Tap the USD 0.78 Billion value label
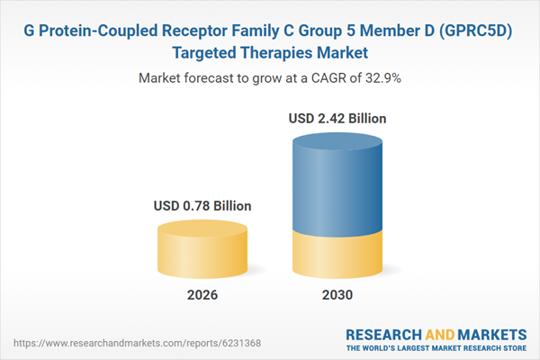tap(202, 206)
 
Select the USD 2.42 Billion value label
tap(338, 118)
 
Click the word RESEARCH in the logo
tap(382, 332)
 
